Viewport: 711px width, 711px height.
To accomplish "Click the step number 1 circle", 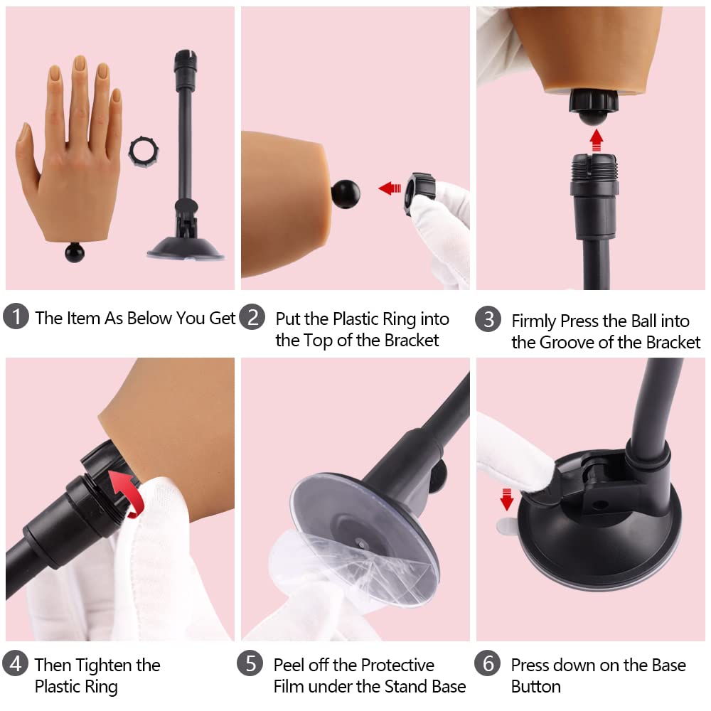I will [x=16, y=317].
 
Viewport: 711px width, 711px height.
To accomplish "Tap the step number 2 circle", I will [x=252, y=317].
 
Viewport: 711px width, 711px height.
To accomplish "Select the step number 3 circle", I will [x=488, y=320].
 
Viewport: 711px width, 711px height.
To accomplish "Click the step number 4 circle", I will [x=16, y=665].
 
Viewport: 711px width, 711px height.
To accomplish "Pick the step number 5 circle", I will [x=251, y=665].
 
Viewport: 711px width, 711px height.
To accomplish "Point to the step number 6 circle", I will [x=488, y=665].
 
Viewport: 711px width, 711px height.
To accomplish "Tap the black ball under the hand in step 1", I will [x=74, y=252].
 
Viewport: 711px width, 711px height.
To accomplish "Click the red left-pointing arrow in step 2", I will [x=390, y=188].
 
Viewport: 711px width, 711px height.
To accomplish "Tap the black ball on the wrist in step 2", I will [x=346, y=193].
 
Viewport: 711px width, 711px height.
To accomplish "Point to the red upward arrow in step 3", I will [x=596, y=137].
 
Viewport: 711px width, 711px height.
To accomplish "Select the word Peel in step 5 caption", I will [x=289, y=665].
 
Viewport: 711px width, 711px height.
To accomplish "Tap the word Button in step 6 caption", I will [x=535, y=687].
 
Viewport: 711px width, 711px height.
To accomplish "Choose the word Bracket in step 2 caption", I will [x=412, y=341].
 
